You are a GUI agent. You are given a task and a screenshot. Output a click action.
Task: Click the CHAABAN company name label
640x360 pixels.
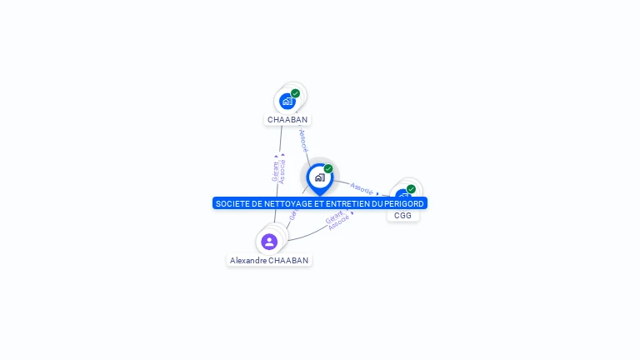click(287, 120)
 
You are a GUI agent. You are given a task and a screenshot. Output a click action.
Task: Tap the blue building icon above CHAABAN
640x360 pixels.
click(287, 102)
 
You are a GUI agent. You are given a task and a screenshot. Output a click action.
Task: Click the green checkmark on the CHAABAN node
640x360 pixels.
click(296, 93)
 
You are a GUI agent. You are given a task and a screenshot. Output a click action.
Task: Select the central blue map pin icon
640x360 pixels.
click(319, 177)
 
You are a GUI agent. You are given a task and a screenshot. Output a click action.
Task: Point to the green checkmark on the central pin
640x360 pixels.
click(328, 168)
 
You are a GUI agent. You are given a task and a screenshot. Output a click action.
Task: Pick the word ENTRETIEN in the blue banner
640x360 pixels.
click(347, 203)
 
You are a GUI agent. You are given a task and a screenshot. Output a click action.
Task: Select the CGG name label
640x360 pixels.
click(403, 216)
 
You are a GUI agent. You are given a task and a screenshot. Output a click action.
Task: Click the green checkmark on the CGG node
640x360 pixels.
click(411, 189)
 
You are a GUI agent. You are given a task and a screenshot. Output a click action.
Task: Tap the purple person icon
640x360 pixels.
click(268, 242)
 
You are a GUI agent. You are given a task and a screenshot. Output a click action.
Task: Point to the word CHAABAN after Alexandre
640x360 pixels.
click(289, 261)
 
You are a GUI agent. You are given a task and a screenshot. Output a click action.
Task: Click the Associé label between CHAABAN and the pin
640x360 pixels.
click(303, 139)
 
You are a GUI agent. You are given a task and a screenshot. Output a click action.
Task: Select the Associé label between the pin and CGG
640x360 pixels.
click(362, 188)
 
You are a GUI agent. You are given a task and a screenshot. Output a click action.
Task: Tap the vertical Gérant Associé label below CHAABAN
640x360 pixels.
click(278, 169)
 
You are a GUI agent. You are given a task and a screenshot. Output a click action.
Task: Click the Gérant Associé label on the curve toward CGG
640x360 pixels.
click(337, 221)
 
